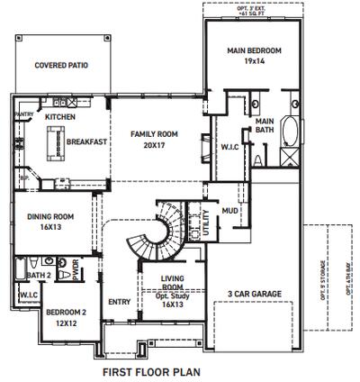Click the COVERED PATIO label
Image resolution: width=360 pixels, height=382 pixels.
60,66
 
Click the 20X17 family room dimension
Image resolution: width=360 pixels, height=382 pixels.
154,145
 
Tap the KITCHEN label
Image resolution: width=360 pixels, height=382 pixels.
60,117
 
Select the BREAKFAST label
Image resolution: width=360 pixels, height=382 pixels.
87,141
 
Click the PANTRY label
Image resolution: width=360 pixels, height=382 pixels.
24,115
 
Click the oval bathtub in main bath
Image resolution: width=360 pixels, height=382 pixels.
291,133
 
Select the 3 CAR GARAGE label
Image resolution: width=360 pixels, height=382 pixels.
256,293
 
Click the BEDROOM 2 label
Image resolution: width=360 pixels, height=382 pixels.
66,312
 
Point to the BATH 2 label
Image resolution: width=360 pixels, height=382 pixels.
37,275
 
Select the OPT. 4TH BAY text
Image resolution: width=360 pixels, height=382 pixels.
349,271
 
